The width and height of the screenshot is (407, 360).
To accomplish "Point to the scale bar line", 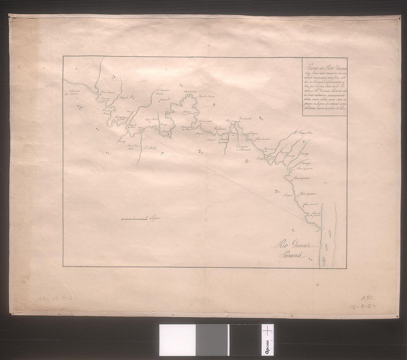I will (x=134, y=220).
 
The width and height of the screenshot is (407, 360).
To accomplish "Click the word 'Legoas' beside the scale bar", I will (x=155, y=219).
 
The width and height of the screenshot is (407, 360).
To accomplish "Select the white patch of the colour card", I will (x=177, y=340).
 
